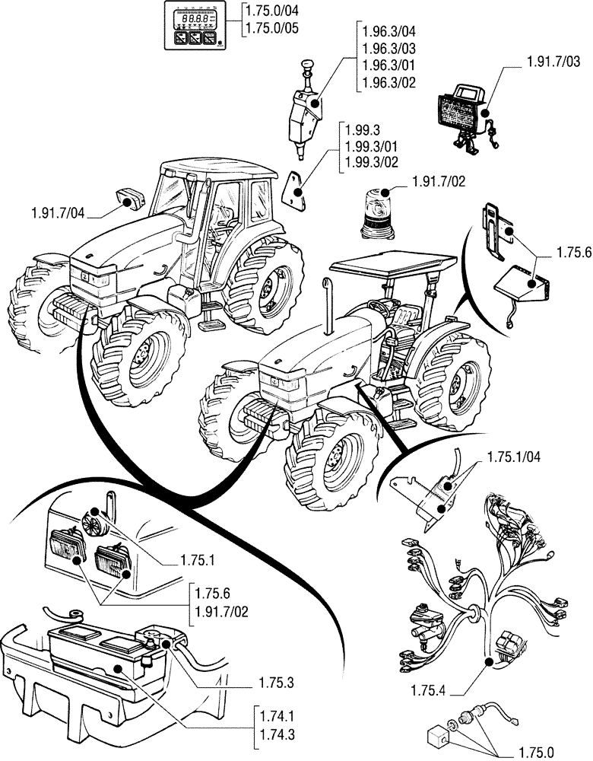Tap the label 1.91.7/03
click(553, 60)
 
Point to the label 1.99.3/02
click(372, 161)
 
